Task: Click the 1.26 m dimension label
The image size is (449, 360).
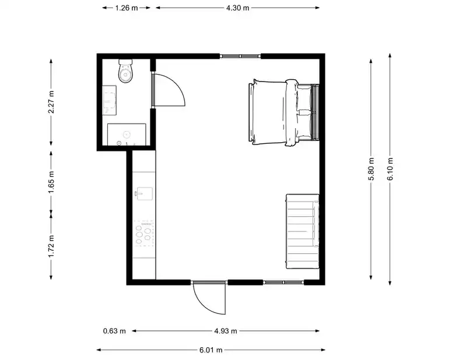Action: coord(127,8)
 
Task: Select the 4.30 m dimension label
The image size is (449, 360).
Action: coord(238,8)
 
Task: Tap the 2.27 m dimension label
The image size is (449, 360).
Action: coord(51,102)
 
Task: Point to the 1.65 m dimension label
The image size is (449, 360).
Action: coord(51,182)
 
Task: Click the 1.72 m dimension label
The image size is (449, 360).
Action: coord(51,246)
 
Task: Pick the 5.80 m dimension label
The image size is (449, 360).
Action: coord(371,169)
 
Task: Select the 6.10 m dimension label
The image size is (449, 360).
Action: coord(390,169)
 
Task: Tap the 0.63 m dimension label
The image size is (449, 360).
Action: coord(114,331)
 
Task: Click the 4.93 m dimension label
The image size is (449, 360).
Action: coord(226,331)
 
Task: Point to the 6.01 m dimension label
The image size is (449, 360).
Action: coord(211,350)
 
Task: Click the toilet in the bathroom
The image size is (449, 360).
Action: coord(126,71)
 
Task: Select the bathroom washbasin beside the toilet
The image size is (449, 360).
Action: coord(110,100)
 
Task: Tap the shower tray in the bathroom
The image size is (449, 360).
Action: coord(127,135)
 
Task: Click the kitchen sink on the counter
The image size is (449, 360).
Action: coord(144,193)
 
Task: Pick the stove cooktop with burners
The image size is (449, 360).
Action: coord(143,234)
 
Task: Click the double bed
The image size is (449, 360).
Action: coord(284,112)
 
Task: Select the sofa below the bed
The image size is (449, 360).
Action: coord(303,231)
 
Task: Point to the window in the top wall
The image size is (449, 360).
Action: coord(240,56)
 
